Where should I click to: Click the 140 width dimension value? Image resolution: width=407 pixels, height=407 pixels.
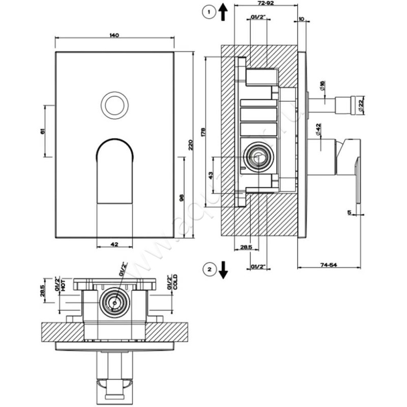coord(114,35)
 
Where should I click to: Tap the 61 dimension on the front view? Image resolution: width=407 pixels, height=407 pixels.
coord(43,131)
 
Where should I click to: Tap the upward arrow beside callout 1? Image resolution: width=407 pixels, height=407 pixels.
coord(223,11)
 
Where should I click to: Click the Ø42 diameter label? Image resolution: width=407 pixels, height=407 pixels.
coord(318,129)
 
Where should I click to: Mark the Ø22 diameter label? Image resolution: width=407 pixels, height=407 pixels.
coord(360,105)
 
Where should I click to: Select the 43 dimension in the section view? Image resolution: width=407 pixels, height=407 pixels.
coord(211,176)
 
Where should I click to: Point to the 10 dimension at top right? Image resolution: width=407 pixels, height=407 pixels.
coord(302,19)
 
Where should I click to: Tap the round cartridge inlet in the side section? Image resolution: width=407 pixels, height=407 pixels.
coord(257,157)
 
